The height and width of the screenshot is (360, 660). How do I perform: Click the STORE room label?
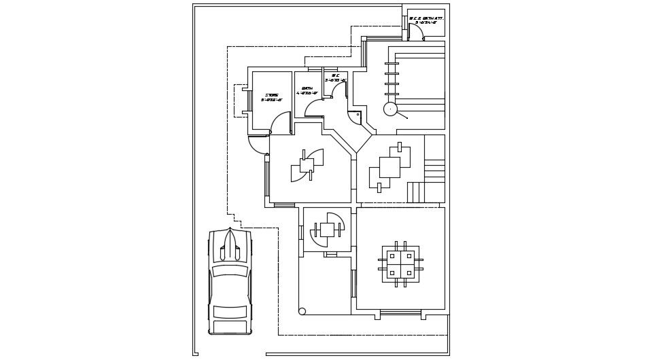[272, 95]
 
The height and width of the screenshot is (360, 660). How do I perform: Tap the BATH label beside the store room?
[307, 88]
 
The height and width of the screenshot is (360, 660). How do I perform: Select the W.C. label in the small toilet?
[335, 75]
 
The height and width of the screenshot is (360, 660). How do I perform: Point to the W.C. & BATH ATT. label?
[426, 18]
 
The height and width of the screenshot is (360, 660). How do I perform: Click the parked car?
[230, 282]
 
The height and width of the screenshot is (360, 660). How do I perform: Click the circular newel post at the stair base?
[390, 109]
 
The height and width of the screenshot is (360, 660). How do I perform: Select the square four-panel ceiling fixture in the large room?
[400, 264]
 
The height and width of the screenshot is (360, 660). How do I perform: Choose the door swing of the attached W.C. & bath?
[416, 31]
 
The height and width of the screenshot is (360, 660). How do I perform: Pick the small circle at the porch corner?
[302, 311]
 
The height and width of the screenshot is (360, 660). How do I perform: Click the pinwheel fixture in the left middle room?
[307, 165]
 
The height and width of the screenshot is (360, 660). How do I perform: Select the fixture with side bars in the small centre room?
[327, 230]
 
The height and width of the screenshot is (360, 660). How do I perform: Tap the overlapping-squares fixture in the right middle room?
[389, 167]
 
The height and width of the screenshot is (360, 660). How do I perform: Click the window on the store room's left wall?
[249, 101]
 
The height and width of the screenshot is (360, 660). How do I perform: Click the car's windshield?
[230, 270]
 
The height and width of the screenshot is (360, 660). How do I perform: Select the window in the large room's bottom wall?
[400, 312]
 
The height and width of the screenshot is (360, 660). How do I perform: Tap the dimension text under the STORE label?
[272, 101]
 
